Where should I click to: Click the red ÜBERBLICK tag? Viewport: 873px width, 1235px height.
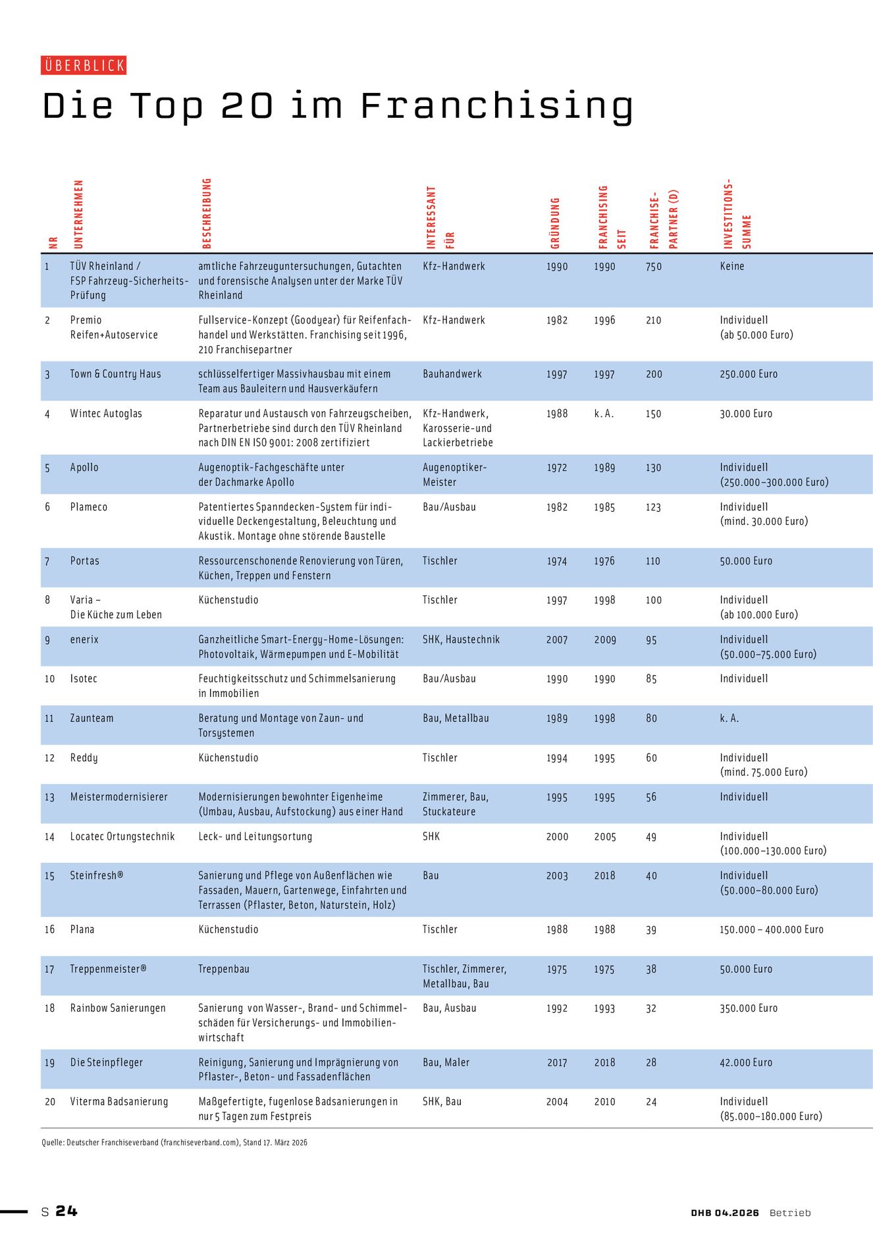(84, 65)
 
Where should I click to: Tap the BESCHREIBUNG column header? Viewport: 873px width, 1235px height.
(207, 213)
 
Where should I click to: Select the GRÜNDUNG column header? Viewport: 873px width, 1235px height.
(555, 223)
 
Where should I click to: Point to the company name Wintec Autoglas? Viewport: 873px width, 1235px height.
(106, 414)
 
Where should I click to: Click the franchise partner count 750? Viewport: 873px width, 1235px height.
(653, 267)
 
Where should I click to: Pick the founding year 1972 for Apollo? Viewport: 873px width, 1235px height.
(556, 468)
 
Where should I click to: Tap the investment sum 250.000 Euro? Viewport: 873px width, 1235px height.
(749, 374)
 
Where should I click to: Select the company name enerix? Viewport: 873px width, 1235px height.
(84, 640)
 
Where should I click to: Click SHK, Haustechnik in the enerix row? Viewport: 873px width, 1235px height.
(461, 640)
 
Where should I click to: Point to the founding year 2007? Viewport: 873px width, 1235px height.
(556, 640)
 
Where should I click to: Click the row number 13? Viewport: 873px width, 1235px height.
(49, 798)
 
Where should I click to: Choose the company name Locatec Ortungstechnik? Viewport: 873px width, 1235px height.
(122, 837)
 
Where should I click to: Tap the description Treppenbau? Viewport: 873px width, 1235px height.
(224, 969)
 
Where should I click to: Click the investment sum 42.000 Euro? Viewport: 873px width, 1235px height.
(746, 1062)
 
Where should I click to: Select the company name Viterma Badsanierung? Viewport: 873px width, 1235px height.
(119, 1101)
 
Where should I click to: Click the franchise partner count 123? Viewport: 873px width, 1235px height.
(653, 507)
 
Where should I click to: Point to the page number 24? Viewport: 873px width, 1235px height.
(66, 1211)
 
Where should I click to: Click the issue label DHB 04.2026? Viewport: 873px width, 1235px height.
(725, 1213)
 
